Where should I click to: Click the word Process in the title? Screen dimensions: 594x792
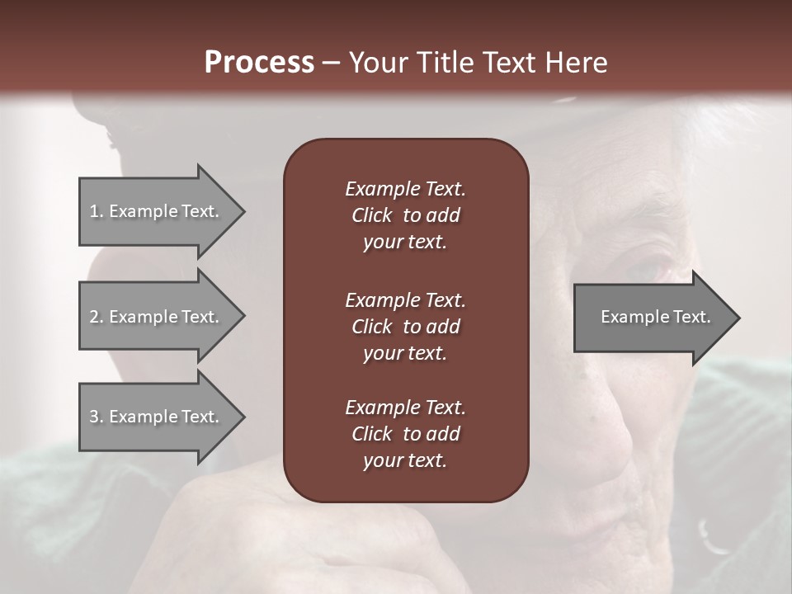coord(259,63)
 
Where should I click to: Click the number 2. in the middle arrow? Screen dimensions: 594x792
coord(97,317)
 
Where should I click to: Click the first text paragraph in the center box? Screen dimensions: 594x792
coord(405,215)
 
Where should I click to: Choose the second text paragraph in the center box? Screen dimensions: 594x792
coord(405,326)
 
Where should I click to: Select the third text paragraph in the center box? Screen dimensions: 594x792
coord(405,434)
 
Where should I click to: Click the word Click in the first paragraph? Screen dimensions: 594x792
coord(371,215)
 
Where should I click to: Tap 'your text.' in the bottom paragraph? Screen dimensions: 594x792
coord(405,461)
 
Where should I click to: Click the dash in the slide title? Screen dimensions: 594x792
coord(331,64)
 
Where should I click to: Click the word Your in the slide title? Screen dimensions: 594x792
coord(376,63)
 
